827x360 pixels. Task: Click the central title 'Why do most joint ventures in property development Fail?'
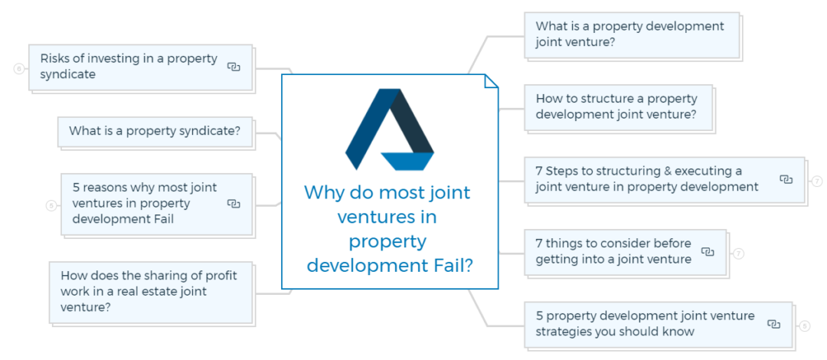coord(389,228)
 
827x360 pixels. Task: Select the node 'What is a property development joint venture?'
coord(630,34)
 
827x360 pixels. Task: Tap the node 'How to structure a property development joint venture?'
coord(617,107)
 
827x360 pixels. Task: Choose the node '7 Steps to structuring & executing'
coord(647,179)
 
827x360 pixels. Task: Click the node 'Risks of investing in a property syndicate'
coord(129,67)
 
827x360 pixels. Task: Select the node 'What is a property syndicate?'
coord(155,131)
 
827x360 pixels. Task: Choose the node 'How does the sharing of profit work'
coord(149,292)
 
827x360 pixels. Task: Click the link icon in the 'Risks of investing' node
coord(234,67)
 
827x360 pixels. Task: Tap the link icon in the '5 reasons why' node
coord(234,204)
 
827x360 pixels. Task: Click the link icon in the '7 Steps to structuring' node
coord(786,179)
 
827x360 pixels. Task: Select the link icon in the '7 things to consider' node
coord(708,252)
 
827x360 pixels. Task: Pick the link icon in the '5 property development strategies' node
coord(773,325)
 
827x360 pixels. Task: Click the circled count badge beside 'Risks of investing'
coord(19,69)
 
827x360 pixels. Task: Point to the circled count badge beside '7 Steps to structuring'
coord(817,182)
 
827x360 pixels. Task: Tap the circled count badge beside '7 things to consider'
coord(738,254)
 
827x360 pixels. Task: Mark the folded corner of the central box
coord(491,81)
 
